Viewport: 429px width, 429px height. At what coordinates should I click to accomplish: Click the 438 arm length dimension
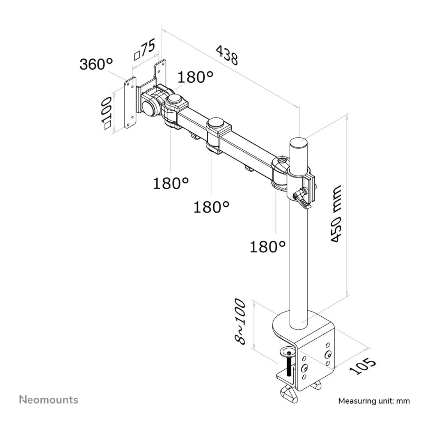pos(227,55)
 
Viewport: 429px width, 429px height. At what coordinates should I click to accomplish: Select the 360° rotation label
pos(96,64)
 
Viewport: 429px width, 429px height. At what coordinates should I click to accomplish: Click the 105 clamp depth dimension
pos(362,366)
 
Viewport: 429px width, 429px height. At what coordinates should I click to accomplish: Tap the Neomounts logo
pos(49,399)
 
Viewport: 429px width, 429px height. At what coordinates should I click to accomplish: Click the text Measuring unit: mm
pos(374,401)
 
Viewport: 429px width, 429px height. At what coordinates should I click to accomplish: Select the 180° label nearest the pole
pos(268,246)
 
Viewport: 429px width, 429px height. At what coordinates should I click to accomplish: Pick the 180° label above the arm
pos(196,77)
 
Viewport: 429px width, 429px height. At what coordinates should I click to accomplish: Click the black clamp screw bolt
pos(289,366)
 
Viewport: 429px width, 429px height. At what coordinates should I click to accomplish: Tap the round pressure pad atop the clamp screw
pos(289,353)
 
